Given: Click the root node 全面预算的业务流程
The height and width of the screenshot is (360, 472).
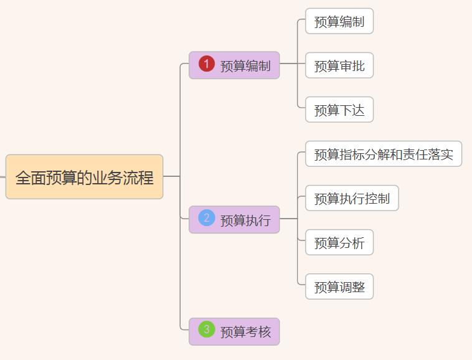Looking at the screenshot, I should click(x=84, y=177).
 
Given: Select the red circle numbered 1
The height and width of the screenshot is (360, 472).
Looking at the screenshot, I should click(x=207, y=64).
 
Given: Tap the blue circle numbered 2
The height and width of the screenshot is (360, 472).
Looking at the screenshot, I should click(x=207, y=218).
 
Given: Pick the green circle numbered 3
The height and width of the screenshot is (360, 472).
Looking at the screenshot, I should click(x=207, y=329).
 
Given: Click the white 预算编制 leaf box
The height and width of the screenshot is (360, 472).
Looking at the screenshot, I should click(x=339, y=22).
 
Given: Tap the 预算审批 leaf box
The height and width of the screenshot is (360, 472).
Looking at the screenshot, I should click(x=339, y=66).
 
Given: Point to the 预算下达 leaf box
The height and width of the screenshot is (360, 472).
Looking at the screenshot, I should click(x=339, y=110).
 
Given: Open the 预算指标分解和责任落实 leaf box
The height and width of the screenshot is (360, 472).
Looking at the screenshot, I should click(x=384, y=154).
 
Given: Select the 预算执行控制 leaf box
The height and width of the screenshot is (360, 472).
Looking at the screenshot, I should click(x=352, y=198).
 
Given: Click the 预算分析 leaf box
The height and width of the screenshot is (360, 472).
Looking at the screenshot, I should click(x=339, y=242).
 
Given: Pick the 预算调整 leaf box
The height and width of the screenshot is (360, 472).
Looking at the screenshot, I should click(x=339, y=287).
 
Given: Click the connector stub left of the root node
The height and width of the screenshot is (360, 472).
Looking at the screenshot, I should click(x=2, y=177).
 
